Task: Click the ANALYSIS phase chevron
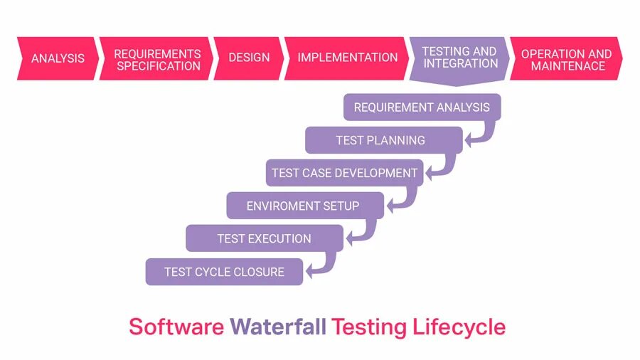pyautogui.click(x=57, y=58)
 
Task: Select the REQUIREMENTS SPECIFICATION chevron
pyautogui.click(x=156, y=59)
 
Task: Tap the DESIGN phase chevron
pyautogui.click(x=249, y=58)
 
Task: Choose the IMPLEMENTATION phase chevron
pyautogui.click(x=347, y=58)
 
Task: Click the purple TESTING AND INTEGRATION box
pyautogui.click(x=459, y=58)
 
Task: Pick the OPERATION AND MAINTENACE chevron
pyautogui.click(x=566, y=59)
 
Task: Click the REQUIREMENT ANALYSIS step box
pyautogui.click(x=422, y=107)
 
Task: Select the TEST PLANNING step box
pyautogui.click(x=381, y=140)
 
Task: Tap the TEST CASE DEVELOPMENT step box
pyautogui.click(x=344, y=173)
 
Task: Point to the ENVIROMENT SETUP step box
pyautogui.click(x=303, y=206)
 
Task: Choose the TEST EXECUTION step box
pyautogui.click(x=264, y=238)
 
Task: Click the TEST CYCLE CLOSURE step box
pyautogui.click(x=224, y=272)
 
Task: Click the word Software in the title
pyautogui.click(x=176, y=327)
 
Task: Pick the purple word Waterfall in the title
pyautogui.click(x=278, y=327)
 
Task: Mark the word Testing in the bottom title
pyautogui.click(x=369, y=328)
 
